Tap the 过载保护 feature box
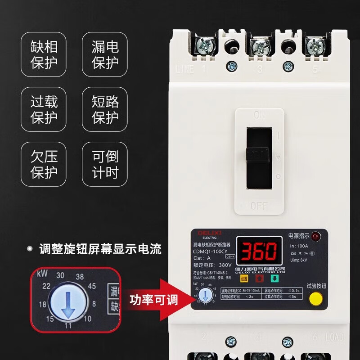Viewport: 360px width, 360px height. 44,109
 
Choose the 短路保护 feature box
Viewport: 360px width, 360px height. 105,109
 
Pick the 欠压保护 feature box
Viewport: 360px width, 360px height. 44,164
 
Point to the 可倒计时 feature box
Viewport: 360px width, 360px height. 105,164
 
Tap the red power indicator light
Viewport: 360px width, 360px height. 315,236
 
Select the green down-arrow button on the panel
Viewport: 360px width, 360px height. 274,278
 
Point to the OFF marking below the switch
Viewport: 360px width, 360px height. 259,206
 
